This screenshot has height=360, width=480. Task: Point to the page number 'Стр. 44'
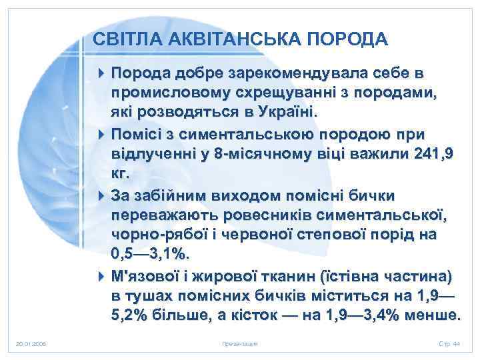point(449,344)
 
